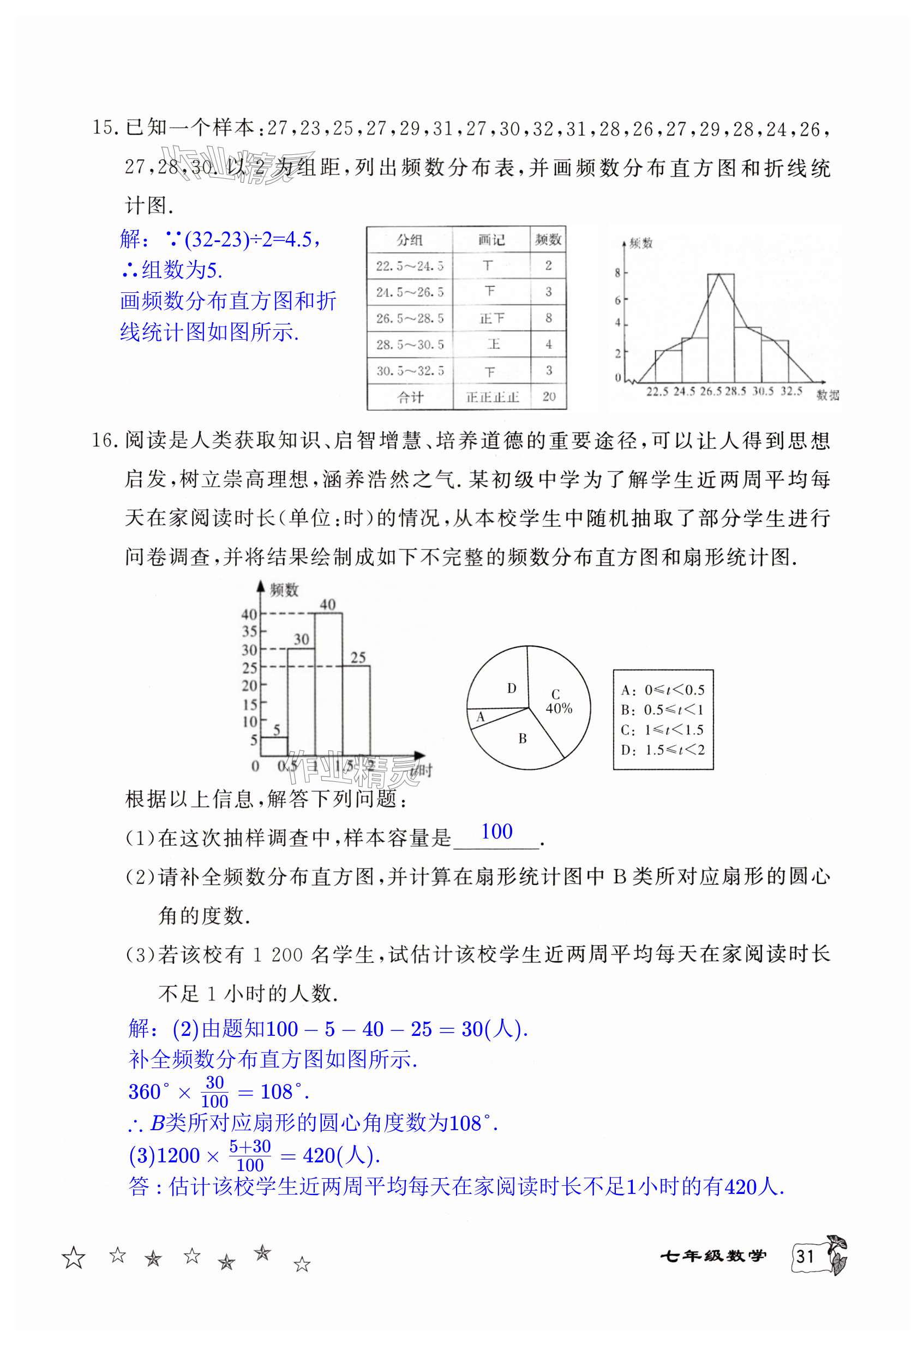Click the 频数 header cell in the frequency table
pos(548,239)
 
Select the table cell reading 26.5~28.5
pos(409,318)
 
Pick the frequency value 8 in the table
pos(548,318)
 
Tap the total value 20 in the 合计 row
pos(548,396)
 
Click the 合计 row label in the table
pos(409,397)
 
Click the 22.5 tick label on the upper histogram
pos(657,392)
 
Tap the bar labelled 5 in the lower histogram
pos(274,746)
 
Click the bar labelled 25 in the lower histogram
pos(356,712)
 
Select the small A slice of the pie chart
pos(480,717)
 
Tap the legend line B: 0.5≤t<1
pos(662,710)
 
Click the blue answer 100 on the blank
pos(496,831)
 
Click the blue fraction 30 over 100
pos(214,1092)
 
